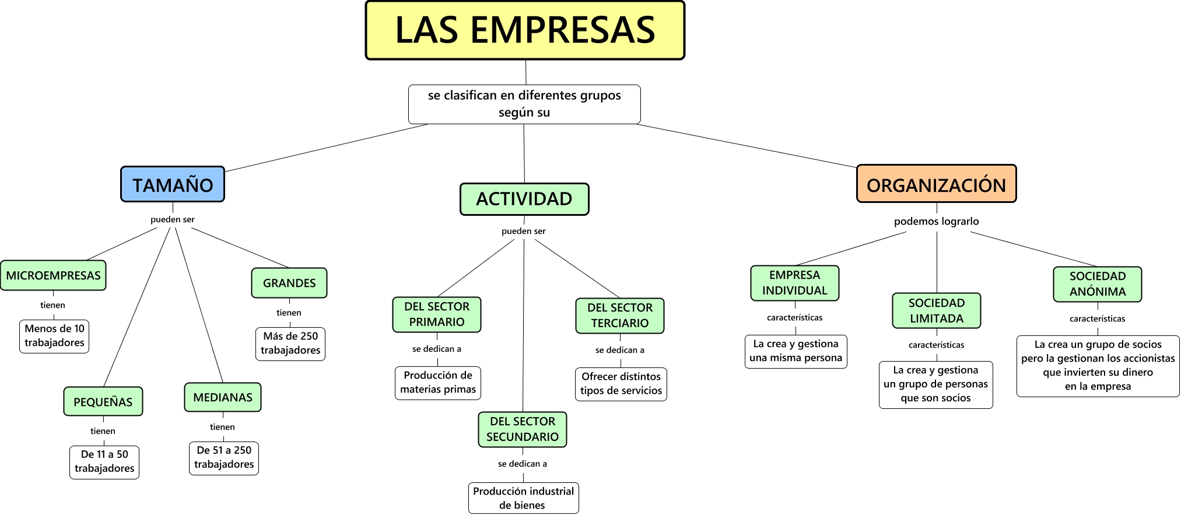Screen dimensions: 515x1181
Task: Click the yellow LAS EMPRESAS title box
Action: coord(525,30)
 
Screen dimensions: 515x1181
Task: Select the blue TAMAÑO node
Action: coord(173,184)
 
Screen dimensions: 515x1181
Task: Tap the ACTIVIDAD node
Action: coord(524,199)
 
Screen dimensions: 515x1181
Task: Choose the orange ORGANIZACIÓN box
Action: coord(936,184)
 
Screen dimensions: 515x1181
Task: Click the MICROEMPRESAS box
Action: coord(53,275)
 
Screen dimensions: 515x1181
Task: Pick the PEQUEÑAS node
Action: coord(103,401)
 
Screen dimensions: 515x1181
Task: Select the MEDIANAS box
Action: coord(223,397)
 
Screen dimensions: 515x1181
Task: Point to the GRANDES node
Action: coord(289,283)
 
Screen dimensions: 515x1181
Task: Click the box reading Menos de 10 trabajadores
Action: coord(54,336)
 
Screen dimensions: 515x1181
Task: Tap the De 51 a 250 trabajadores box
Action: coord(224,458)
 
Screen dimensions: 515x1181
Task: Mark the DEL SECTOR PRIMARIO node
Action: coord(437,314)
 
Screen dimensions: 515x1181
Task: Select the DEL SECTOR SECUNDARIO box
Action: coord(523,429)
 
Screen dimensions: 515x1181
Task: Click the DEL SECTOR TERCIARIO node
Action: coord(620,316)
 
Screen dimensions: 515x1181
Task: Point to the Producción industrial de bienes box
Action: coord(523,498)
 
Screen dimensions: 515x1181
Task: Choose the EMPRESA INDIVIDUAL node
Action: coord(794,283)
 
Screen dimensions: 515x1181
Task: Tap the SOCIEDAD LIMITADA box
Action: coord(937,310)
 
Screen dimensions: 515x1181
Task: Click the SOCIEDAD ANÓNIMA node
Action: coord(1097,284)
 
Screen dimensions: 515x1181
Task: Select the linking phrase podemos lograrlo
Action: coord(936,221)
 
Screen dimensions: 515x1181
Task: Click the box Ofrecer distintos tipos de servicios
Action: coord(621,384)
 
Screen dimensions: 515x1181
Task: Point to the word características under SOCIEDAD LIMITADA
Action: coord(936,345)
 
